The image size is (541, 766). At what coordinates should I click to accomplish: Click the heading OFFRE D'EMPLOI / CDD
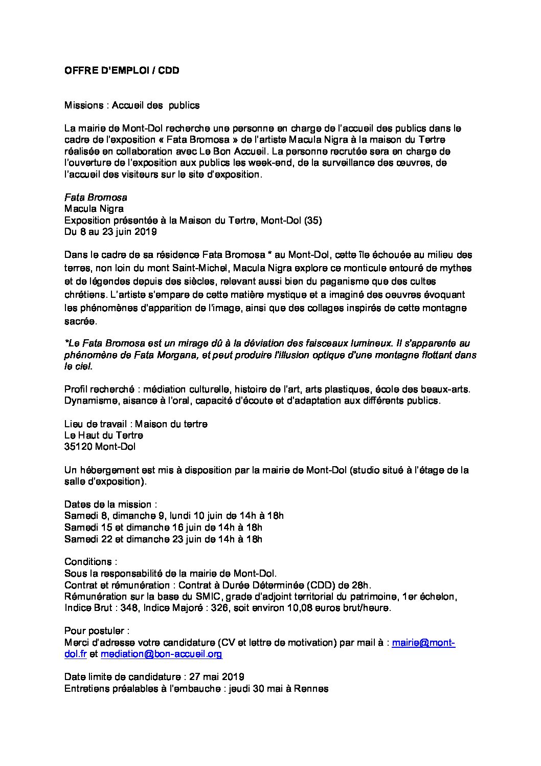point(122,71)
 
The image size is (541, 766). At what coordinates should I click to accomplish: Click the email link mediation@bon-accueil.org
point(161,654)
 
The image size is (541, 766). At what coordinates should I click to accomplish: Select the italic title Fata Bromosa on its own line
point(96,197)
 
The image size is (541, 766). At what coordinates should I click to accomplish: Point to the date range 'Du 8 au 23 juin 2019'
point(110,231)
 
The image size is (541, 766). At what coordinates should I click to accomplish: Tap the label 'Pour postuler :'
point(97,631)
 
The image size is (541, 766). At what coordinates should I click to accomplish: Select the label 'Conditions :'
point(91,562)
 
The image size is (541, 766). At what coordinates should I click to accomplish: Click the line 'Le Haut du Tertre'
point(104,435)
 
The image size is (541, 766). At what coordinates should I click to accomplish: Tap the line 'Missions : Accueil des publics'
point(132,105)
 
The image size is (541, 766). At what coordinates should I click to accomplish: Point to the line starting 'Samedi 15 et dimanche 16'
point(163,527)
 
